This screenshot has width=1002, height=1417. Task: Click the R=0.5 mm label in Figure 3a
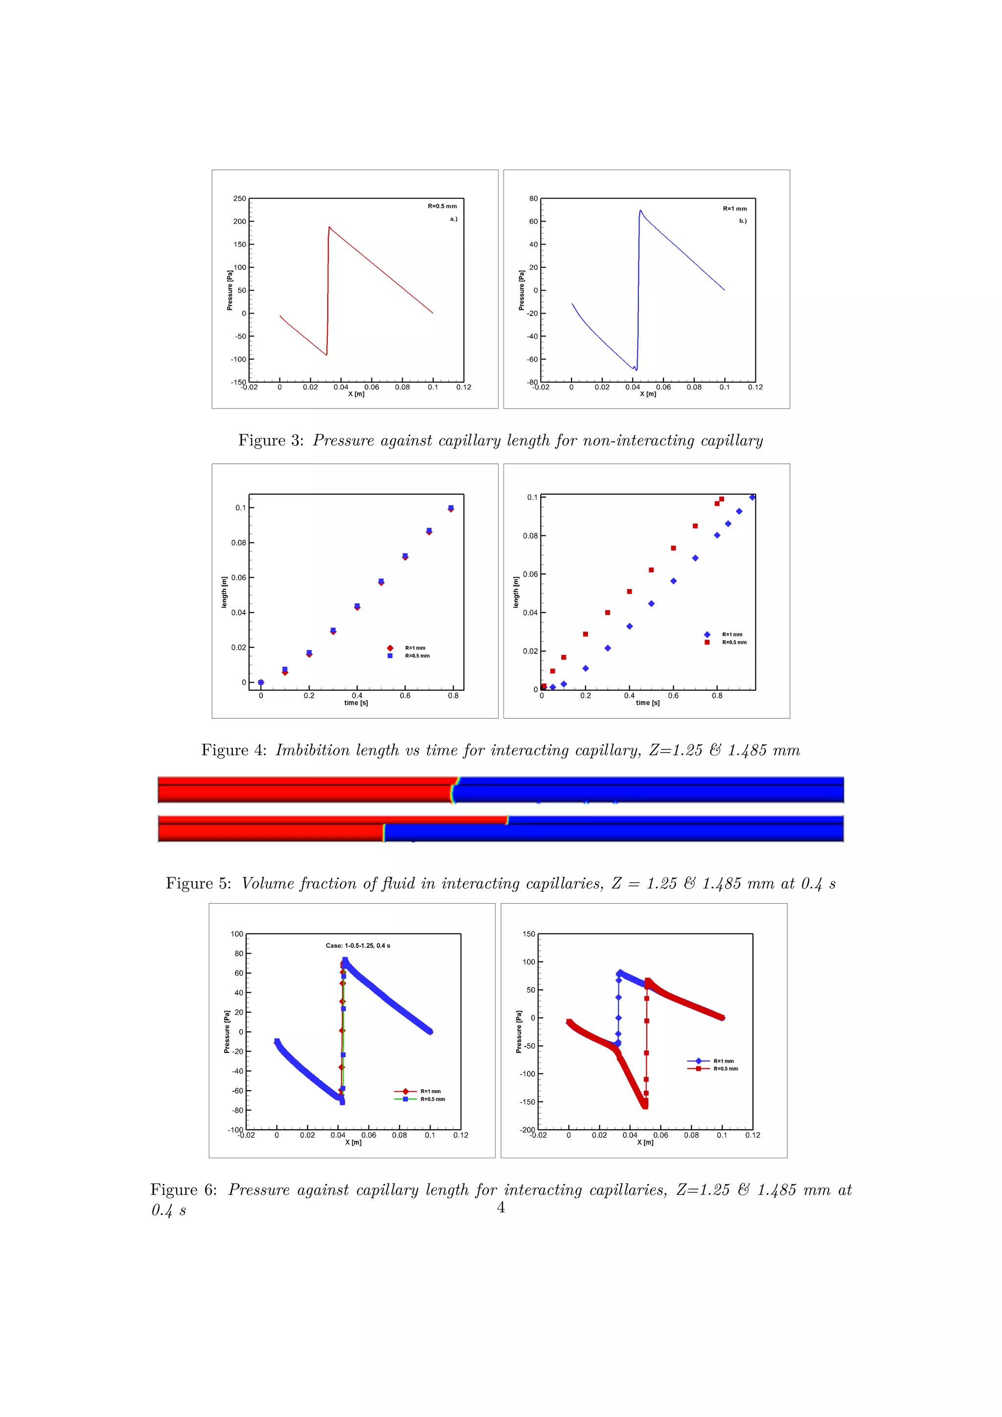[x=442, y=206]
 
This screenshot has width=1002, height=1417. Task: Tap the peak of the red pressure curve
[x=329, y=227]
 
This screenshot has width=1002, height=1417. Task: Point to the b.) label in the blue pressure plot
[x=743, y=221]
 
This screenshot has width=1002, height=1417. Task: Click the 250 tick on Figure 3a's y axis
[x=239, y=199]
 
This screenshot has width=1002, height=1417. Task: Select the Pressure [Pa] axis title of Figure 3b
[x=522, y=290]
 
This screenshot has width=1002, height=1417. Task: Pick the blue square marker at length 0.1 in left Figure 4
[x=451, y=507]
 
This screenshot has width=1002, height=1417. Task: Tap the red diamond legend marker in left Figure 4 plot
[x=390, y=648]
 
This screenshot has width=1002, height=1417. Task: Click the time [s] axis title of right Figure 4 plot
[x=647, y=703]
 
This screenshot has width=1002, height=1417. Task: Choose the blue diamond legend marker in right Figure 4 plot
[x=707, y=635]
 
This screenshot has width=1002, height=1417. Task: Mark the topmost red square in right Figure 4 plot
[x=721, y=499]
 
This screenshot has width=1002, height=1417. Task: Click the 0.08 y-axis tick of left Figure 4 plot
[x=239, y=543]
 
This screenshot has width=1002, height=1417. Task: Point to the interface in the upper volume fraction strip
[x=455, y=789]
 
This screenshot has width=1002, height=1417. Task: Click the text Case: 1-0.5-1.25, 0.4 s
[x=358, y=945]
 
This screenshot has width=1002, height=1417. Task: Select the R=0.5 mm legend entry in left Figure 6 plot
[x=433, y=1099]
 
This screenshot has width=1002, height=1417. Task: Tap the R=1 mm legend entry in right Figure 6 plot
[x=723, y=1061]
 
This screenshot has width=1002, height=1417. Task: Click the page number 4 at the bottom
[x=501, y=1208]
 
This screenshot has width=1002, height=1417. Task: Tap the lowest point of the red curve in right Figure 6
[x=645, y=1106]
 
